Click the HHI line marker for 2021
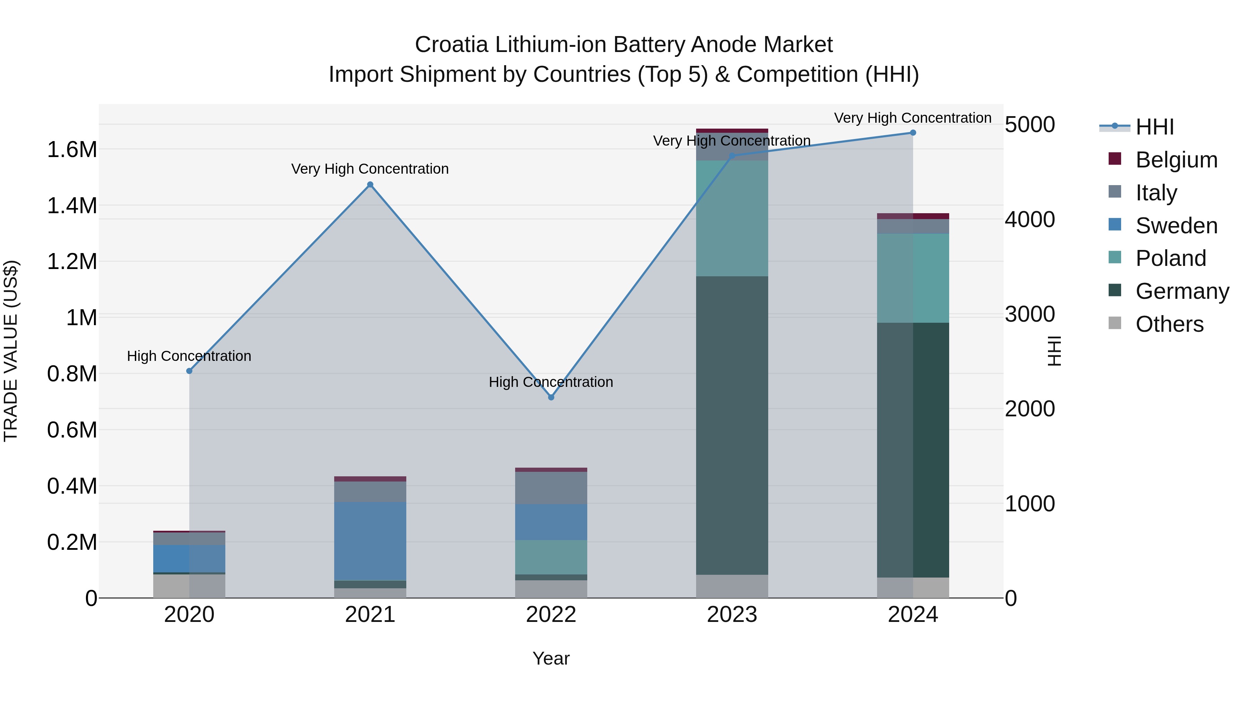(370, 184)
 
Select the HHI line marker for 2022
(551, 397)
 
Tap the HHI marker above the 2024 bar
(913, 133)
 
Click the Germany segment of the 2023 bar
(732, 425)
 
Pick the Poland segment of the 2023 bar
(732, 218)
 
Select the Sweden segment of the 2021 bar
(370, 541)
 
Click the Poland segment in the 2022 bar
(551, 557)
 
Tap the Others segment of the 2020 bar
(189, 586)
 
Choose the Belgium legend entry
(1176, 160)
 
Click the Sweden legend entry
(1176, 226)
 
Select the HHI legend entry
(1154, 127)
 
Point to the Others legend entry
(1169, 324)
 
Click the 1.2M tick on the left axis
(72, 262)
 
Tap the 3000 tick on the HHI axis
(1030, 314)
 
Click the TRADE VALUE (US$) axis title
(11, 351)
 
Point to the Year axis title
(551, 658)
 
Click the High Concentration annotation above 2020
(189, 356)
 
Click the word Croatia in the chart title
(451, 45)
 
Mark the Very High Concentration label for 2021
(370, 169)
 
